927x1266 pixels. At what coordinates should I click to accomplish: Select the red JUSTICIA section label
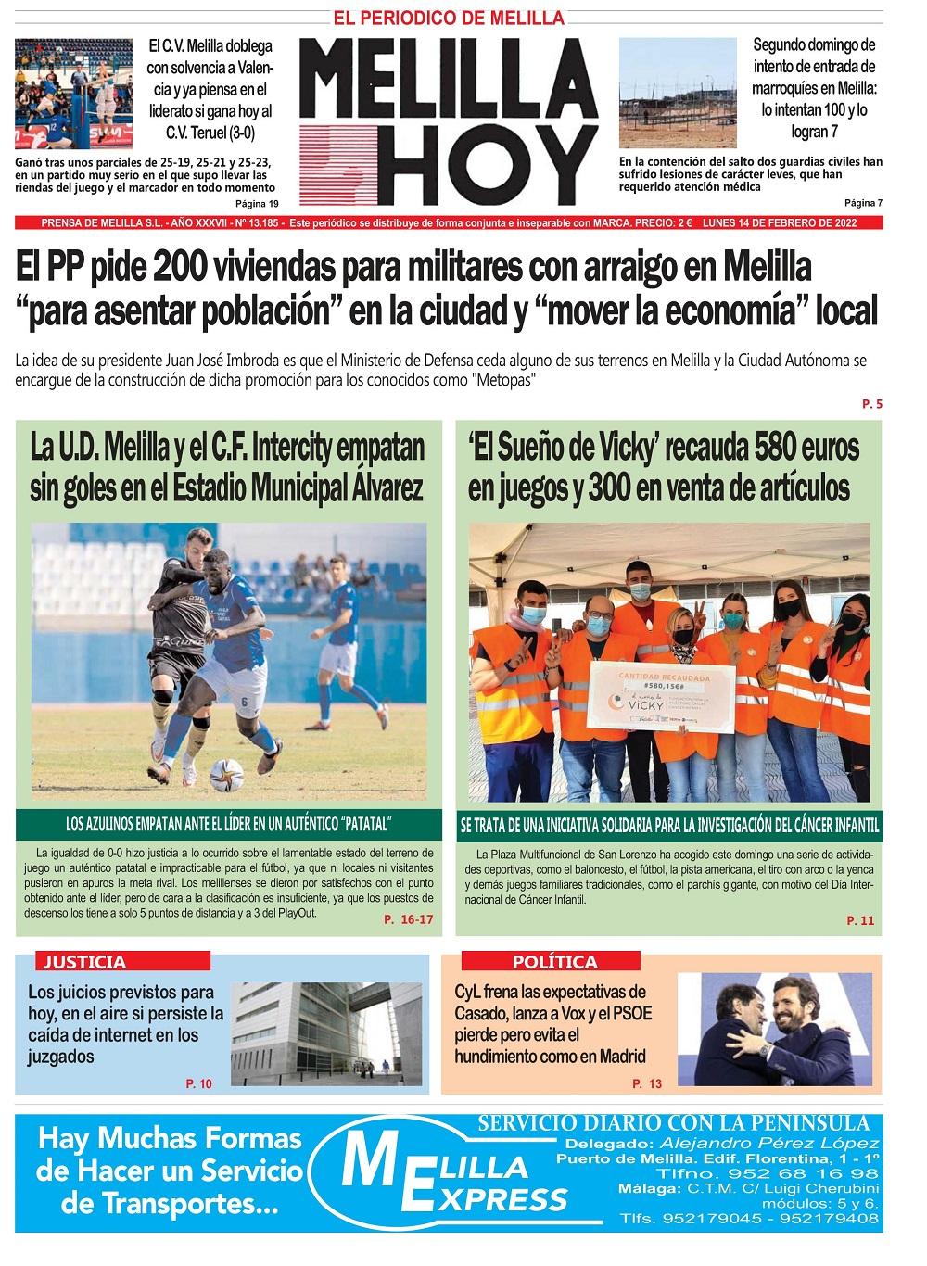pyautogui.click(x=84, y=961)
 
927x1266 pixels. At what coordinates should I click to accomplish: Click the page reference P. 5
pyautogui.click(x=871, y=404)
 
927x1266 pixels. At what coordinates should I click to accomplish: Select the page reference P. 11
pyautogui.click(x=860, y=920)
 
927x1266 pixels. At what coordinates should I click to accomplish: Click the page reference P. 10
pyautogui.click(x=199, y=1083)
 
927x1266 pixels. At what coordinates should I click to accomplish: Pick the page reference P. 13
pyautogui.click(x=647, y=1083)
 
